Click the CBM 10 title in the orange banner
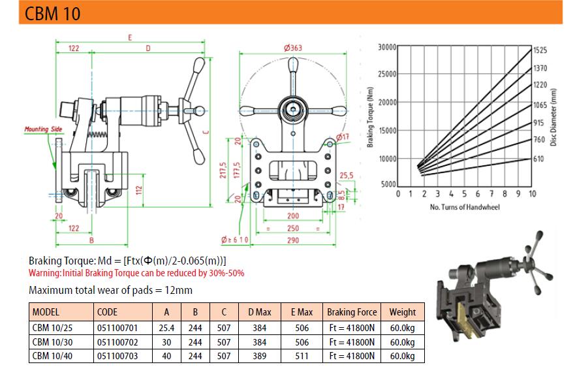52,13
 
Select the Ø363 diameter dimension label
292,48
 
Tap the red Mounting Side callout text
43,129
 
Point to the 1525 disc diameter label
540,50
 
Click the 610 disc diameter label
538,159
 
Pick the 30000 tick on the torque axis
387,47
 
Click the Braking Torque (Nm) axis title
370,117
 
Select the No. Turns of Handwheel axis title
465,207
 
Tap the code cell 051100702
117,342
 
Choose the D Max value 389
259,356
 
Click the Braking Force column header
352,312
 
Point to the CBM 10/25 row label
52,328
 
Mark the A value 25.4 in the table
166,328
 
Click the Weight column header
402,312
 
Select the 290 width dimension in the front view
293,240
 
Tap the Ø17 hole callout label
343,136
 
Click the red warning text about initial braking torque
136,273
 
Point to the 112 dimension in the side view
138,190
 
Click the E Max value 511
302,356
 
